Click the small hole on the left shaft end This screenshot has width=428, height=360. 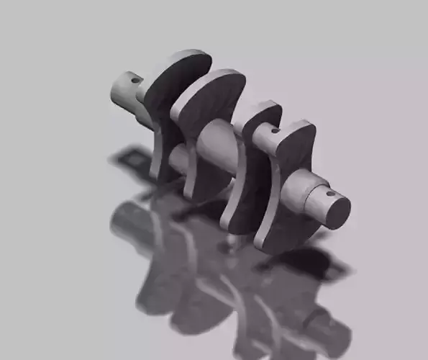click(135, 81)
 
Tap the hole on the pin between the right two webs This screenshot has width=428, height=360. click(275, 132)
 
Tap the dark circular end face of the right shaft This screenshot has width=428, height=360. click(337, 210)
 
